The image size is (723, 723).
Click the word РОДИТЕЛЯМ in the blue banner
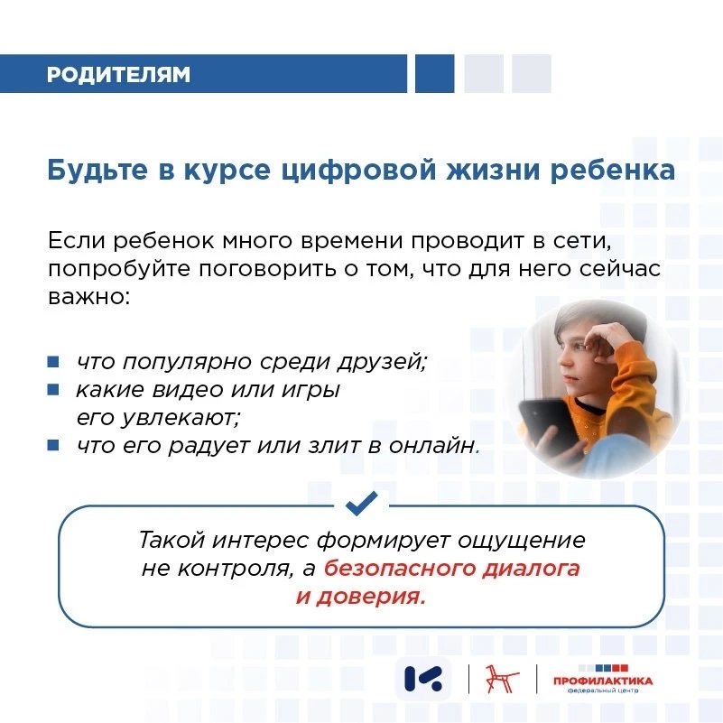(118, 74)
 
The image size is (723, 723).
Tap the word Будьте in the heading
(97, 170)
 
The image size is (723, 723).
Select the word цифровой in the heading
(358, 171)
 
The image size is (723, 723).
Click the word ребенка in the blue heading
(613, 170)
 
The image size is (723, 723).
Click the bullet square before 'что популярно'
(53, 361)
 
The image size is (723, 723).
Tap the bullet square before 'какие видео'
(53, 390)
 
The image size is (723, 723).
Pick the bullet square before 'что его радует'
(53, 445)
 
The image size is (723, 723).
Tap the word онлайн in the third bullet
(431, 446)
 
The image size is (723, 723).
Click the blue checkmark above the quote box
(361, 503)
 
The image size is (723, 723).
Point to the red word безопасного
(400, 569)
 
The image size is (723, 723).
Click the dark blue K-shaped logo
(422, 679)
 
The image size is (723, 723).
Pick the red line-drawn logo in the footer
(503, 679)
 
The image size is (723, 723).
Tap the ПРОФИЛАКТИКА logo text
(603, 681)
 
